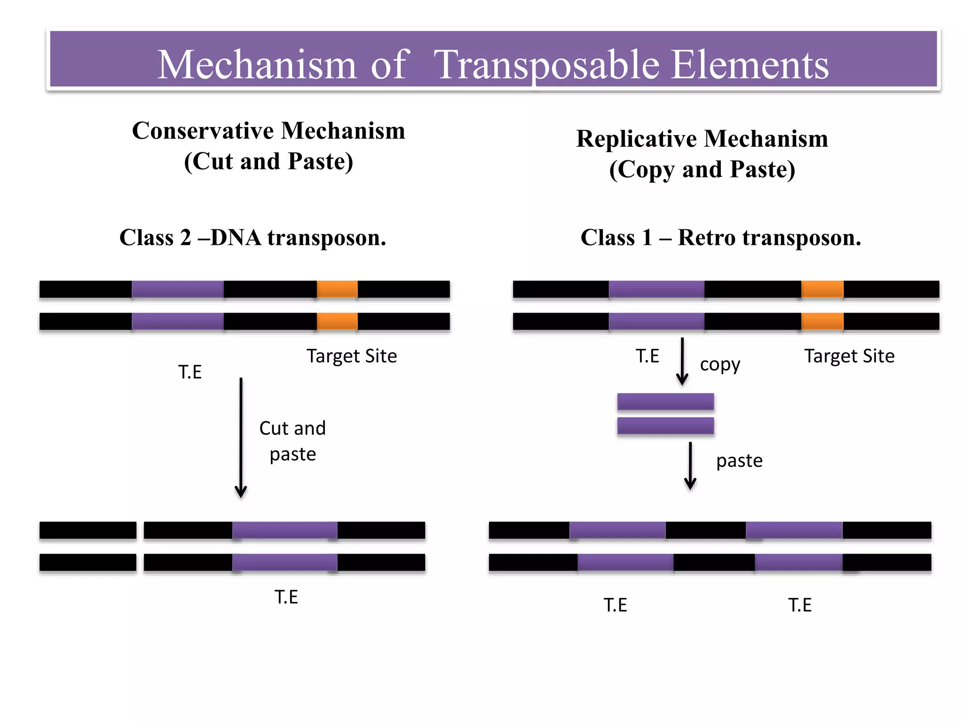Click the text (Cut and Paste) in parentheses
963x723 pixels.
pyautogui.click(x=268, y=161)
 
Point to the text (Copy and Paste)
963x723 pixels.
pyautogui.click(x=702, y=170)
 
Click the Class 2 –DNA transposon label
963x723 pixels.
pyautogui.click(x=253, y=238)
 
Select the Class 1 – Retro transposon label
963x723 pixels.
pyautogui.click(x=720, y=238)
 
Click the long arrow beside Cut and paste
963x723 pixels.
pyautogui.click(x=241, y=438)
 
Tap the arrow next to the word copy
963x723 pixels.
pyautogui.click(x=682, y=361)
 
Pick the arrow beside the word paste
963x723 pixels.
pyautogui.click(x=690, y=466)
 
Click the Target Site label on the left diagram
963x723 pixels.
pyautogui.click(x=351, y=356)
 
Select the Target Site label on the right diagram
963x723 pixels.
pyautogui.click(x=849, y=356)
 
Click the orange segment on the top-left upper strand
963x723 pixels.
pyautogui.click(x=337, y=289)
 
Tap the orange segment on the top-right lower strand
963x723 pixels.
pyautogui.click(x=822, y=321)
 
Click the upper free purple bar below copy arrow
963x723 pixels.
pyautogui.click(x=665, y=402)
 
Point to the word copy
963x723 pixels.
pyautogui.click(x=720, y=365)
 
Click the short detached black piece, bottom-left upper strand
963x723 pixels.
pyautogui.click(x=88, y=530)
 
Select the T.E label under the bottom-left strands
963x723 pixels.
pyautogui.click(x=286, y=597)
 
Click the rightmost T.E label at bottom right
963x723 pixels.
pyautogui.click(x=800, y=605)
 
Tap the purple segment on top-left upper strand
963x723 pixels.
pyautogui.click(x=178, y=289)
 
